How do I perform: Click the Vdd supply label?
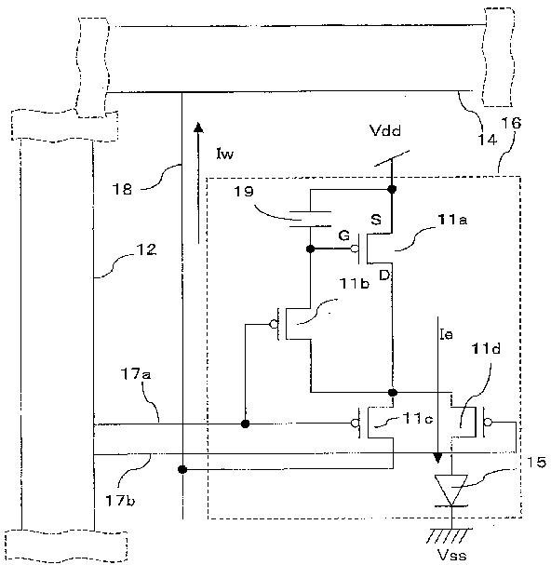tap(385, 130)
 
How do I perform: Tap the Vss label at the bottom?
tap(451, 555)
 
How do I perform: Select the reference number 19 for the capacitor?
tap(244, 191)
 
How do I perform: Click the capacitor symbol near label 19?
tap(310, 219)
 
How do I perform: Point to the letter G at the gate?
tap(344, 235)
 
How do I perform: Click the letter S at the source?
tap(376, 220)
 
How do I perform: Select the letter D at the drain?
tap(385, 276)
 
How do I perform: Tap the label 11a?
tap(452, 219)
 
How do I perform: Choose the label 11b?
tap(355, 284)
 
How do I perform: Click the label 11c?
tap(417, 418)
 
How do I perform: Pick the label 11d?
tap(486, 348)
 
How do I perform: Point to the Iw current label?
tap(225, 154)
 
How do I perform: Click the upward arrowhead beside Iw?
tap(198, 128)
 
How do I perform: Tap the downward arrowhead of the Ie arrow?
tap(437, 458)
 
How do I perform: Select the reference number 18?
tap(122, 189)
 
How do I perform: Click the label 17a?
tap(136, 374)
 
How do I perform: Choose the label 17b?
tap(120, 501)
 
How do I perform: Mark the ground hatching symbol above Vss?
tap(449, 535)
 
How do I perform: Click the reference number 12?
tap(146, 249)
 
